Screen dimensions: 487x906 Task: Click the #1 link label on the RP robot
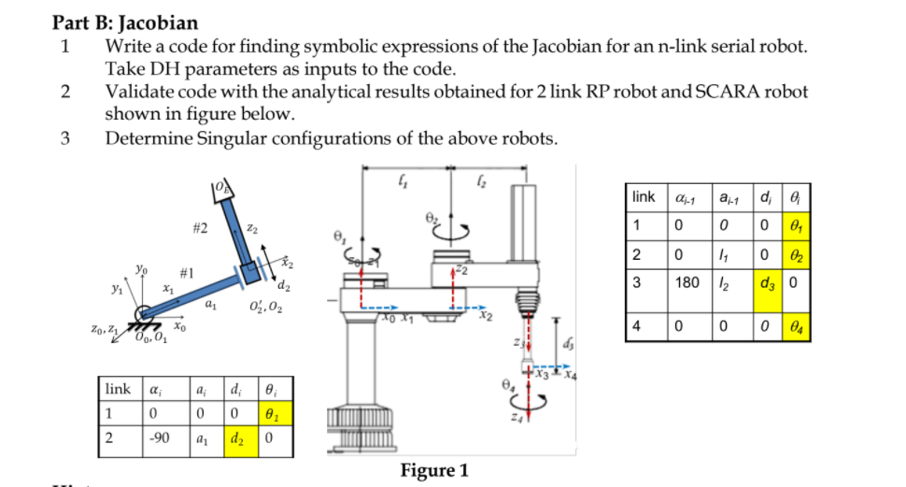186,271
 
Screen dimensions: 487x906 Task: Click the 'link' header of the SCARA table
644,197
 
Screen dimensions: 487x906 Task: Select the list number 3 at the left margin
64,138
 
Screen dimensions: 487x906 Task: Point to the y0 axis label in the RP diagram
138,268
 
